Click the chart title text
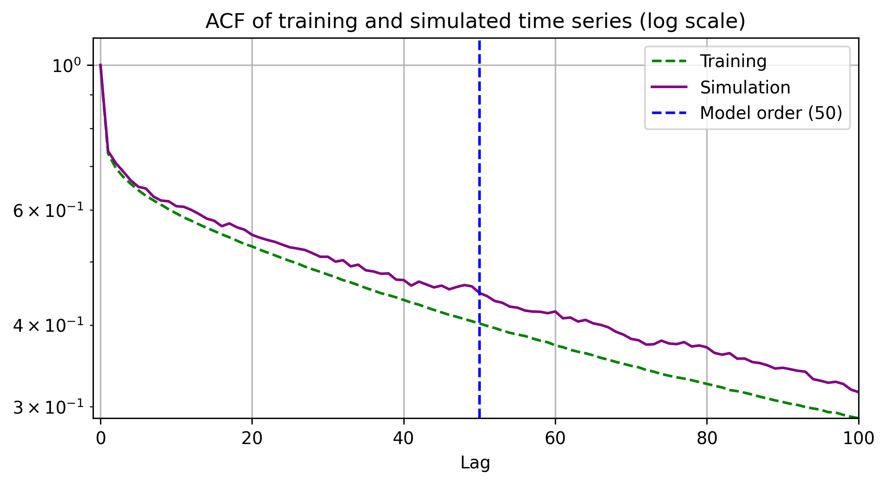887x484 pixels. tap(475, 21)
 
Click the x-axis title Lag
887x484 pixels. tap(475, 463)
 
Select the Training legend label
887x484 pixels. tap(733, 61)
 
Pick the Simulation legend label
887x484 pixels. tap(745, 87)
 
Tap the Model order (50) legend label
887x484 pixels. tap(771, 113)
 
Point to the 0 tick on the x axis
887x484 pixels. tap(101, 439)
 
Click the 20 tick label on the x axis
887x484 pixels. tap(252, 439)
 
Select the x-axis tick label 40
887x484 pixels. tap(403, 439)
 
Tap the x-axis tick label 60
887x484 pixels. tap(555, 439)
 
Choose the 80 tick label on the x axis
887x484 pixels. tap(707, 439)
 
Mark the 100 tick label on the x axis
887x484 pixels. tap(859, 439)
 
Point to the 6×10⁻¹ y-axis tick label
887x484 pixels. tap(48, 211)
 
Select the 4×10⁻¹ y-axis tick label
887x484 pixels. tap(48, 326)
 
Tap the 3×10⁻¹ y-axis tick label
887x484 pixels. tap(48, 408)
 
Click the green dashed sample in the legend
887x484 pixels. tap(669, 61)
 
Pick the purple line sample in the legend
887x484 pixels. tap(669, 87)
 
